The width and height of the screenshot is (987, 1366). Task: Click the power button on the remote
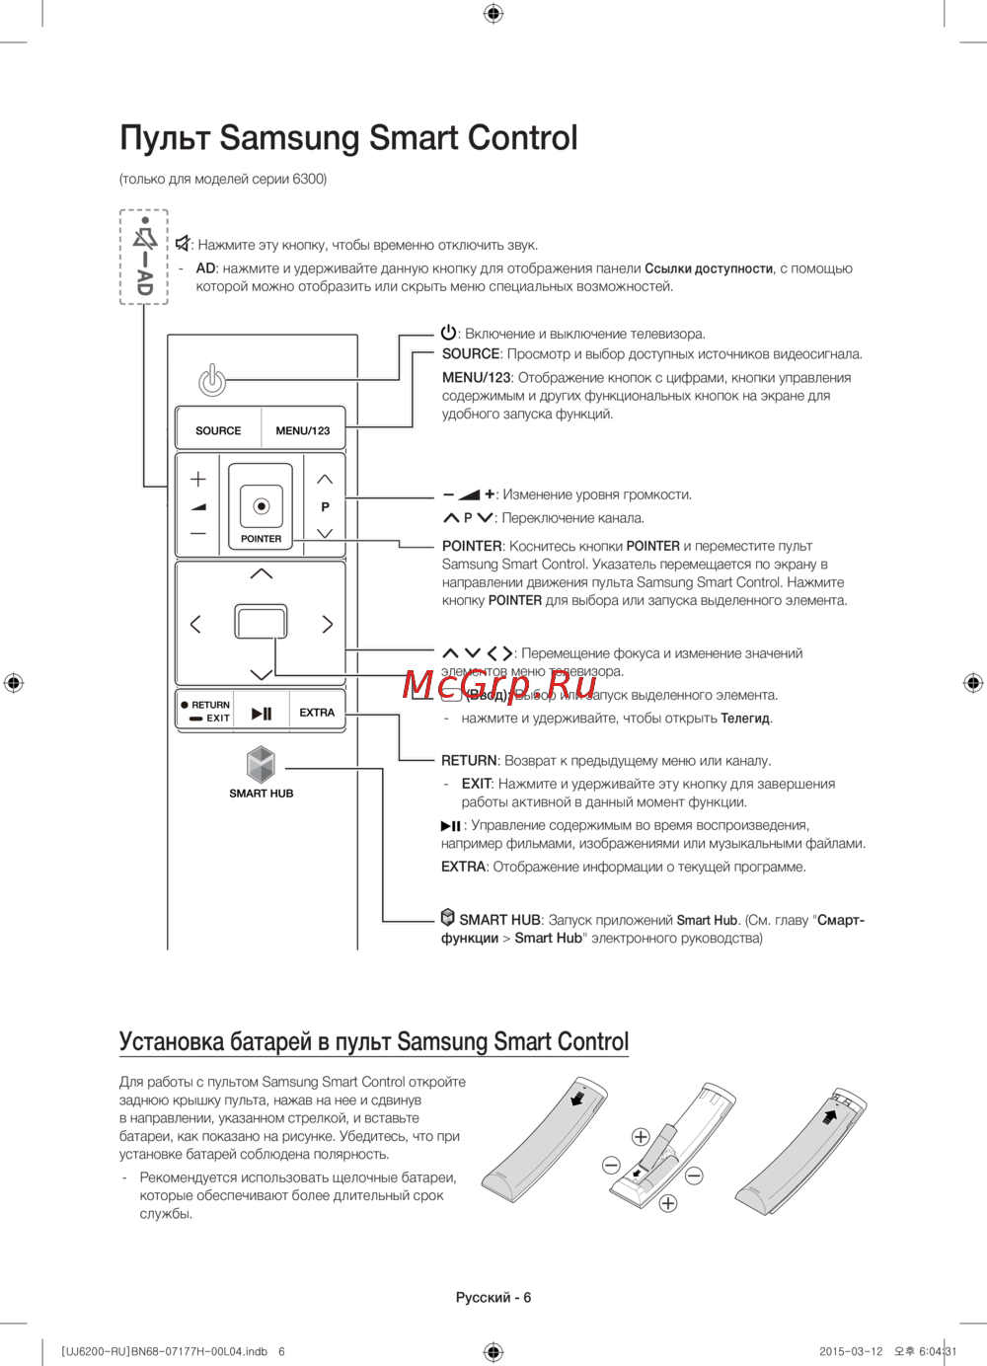[212, 379]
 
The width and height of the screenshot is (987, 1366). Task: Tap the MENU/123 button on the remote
[303, 430]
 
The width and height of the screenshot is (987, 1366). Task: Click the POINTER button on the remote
[261, 506]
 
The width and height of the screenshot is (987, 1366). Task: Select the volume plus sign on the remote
[198, 479]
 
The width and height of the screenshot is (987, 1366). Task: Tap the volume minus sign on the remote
[198, 534]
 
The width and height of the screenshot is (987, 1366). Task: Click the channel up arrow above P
[325, 480]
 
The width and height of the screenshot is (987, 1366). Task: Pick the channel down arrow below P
[325, 533]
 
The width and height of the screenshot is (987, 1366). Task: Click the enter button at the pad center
[261, 623]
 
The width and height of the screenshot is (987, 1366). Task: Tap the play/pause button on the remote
[262, 713]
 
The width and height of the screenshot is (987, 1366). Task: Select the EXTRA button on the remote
[317, 713]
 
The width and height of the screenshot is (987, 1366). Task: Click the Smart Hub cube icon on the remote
[261, 764]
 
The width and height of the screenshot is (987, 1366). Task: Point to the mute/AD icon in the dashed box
[144, 257]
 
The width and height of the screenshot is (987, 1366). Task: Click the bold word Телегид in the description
[745, 719]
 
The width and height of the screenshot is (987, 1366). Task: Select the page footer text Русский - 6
[493, 1297]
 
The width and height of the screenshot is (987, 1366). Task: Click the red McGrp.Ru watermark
[499, 683]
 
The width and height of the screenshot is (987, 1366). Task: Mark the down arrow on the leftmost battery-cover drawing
[577, 1098]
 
